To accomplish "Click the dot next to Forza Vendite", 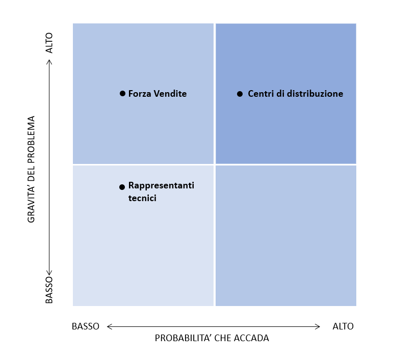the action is pyautogui.click(x=122, y=94).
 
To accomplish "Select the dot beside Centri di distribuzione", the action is pyautogui.click(x=240, y=94).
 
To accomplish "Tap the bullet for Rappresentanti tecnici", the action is pyautogui.click(x=122, y=187).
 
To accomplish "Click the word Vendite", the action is pyautogui.click(x=170, y=94).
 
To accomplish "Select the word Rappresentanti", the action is pyautogui.click(x=161, y=185).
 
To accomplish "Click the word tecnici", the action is pyautogui.click(x=142, y=198).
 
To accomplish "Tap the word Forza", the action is pyautogui.click(x=140, y=94).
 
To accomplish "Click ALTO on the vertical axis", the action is pyautogui.click(x=49, y=43).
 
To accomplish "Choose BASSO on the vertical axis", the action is pyautogui.click(x=49, y=290).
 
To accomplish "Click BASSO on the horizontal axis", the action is pyautogui.click(x=86, y=326).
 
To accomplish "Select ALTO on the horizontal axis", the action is pyautogui.click(x=343, y=326).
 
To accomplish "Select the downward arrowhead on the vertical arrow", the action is pyautogui.click(x=49, y=273).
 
